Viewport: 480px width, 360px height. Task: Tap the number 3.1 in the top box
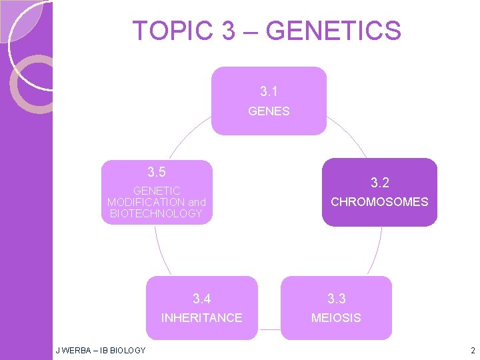[x=269, y=91]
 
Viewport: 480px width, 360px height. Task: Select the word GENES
[x=269, y=111]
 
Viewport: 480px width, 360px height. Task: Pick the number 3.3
[x=336, y=298]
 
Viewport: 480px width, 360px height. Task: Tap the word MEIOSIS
[x=336, y=318]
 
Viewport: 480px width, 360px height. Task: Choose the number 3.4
[x=201, y=298]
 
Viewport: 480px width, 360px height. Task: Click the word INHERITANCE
[x=201, y=318]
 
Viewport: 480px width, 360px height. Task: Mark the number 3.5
[x=156, y=172]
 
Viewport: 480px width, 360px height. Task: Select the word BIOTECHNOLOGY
[x=156, y=213]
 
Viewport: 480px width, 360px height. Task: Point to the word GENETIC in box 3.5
[x=156, y=191]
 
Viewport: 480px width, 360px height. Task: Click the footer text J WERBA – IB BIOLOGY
[x=100, y=350]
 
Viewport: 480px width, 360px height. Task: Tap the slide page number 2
[x=472, y=350]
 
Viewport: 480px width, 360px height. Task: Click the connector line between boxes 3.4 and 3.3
[x=269, y=329]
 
